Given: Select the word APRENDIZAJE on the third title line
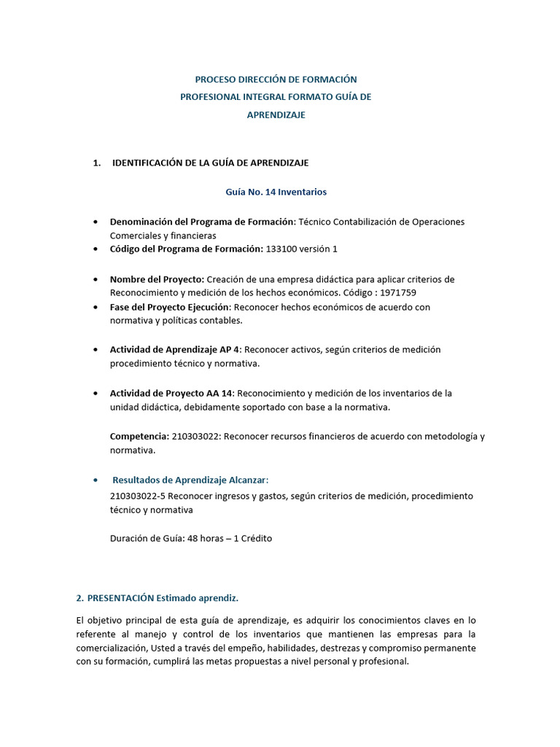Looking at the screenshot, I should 276,115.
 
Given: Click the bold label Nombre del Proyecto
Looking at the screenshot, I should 157,279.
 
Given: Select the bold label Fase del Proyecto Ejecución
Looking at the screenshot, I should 170,307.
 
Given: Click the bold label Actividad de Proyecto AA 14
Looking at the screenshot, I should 171,393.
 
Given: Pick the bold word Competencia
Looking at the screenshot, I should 139,436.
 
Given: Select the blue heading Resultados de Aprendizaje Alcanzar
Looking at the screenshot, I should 190,479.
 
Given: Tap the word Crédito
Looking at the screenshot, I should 253,538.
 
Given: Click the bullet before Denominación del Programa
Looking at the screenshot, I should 96,222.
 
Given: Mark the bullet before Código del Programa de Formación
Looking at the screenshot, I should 96,249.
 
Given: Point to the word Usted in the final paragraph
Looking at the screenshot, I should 189,648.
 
